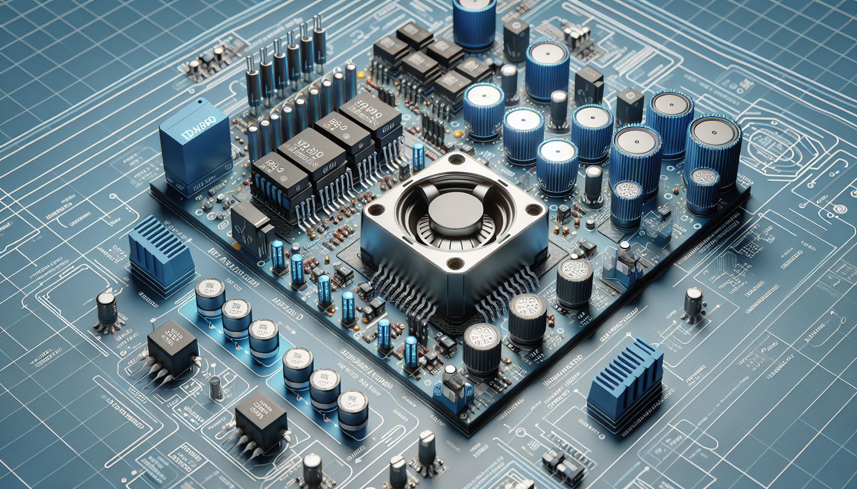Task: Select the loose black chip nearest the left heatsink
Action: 172,340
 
